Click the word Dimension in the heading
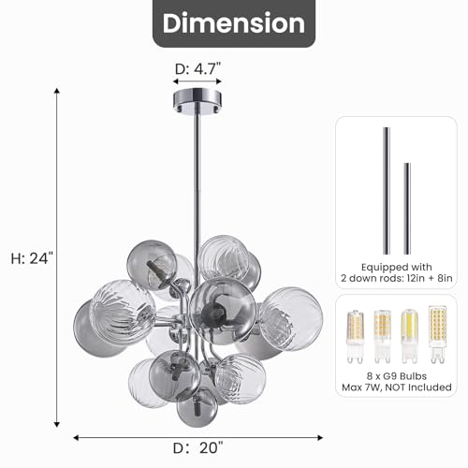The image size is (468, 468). (x=234, y=23)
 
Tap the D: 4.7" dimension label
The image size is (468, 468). (x=197, y=68)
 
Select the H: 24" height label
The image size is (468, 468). (x=32, y=258)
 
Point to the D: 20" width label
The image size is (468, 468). (x=198, y=448)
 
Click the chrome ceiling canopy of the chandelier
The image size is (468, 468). (x=197, y=101)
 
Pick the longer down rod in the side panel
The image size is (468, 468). (x=387, y=191)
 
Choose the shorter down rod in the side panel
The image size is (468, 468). (x=407, y=209)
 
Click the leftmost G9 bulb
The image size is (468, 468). (x=356, y=337)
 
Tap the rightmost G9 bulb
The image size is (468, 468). (x=438, y=334)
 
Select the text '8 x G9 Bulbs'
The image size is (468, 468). (x=397, y=376)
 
